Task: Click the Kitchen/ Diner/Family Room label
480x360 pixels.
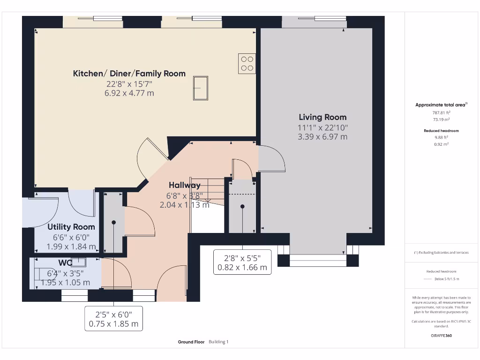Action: coord(129,74)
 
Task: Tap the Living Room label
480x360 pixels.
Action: coord(322,117)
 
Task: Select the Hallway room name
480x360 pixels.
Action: coord(185,186)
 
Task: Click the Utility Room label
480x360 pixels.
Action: coord(71,227)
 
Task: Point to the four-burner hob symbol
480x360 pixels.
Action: coord(247,64)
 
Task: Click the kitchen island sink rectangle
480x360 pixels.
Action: coord(200,88)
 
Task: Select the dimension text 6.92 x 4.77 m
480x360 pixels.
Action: coord(129,93)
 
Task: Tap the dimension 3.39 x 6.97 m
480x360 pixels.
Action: coord(322,137)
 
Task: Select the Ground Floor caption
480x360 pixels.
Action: coord(191,342)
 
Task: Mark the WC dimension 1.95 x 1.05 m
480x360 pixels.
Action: coord(66,283)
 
